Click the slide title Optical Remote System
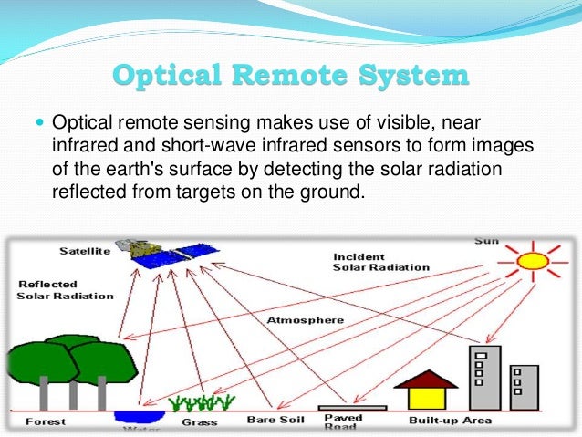pyautogui.click(x=291, y=75)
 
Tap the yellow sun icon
pyautogui.click(x=532, y=262)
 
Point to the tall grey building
pyautogui.click(x=483, y=378)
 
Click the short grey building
pyautogui.click(x=525, y=387)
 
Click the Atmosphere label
pyautogui.click(x=305, y=320)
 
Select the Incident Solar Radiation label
pyautogui.click(x=380, y=262)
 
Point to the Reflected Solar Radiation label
pyautogui.click(x=65, y=290)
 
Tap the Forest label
pyautogui.click(x=45, y=421)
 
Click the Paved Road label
pyautogui.click(x=344, y=422)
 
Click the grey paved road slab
pyautogui.click(x=352, y=408)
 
